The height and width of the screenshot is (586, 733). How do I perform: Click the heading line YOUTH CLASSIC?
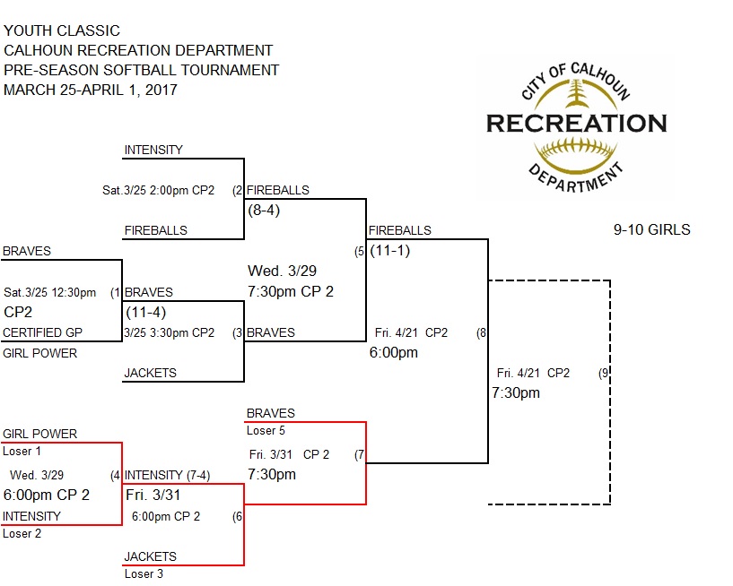coord(62,31)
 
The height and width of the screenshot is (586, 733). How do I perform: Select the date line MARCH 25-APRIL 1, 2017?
coord(91,90)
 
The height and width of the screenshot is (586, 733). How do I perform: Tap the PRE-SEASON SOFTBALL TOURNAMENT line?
coord(141,70)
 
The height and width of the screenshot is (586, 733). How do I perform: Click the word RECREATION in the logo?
coord(576,123)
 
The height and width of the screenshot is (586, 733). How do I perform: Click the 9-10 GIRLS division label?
coord(651,229)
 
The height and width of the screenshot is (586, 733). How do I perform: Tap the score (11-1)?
coord(389,250)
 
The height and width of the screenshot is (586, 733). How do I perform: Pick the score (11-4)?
coord(144,313)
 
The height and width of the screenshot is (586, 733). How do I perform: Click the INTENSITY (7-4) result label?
coord(167,475)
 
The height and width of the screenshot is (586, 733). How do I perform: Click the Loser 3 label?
coord(144,574)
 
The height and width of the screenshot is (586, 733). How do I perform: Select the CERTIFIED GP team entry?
coord(43,332)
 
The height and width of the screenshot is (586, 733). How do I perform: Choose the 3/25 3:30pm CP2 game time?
coord(170,332)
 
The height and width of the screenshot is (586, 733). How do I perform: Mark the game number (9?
coord(604,373)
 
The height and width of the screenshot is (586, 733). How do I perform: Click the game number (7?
coord(359,453)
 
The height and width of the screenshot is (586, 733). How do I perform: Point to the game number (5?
coord(360,251)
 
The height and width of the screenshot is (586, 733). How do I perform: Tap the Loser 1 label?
coord(22,451)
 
